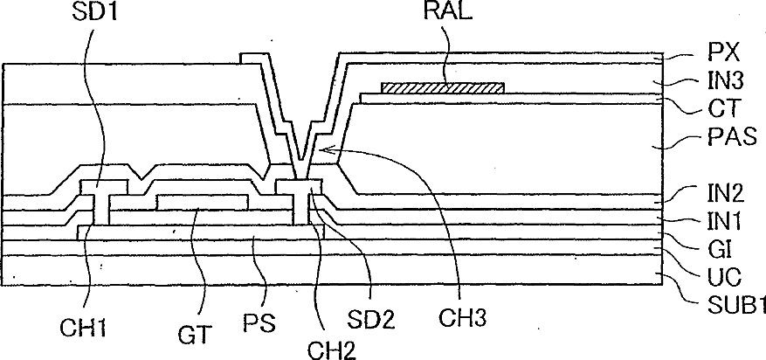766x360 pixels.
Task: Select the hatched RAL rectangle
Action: coord(444,87)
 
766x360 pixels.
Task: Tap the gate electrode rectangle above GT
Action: coord(201,203)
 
